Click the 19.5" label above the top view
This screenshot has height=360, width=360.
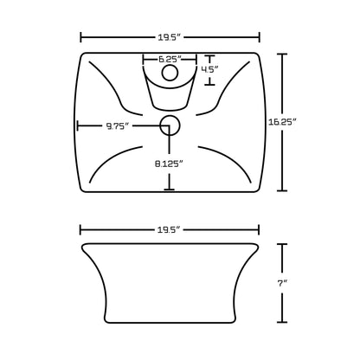(170, 37)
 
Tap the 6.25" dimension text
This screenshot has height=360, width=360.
(170, 60)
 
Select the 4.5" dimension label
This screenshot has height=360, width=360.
(209, 69)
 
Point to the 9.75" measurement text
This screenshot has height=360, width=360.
(119, 125)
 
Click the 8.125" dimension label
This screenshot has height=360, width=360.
(170, 162)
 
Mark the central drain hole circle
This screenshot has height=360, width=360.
(170, 126)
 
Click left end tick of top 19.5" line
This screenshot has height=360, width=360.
(80, 37)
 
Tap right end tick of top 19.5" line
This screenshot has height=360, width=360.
(260, 37)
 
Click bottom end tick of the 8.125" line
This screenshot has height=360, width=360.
(170, 190)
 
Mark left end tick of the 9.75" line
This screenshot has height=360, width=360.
(78, 126)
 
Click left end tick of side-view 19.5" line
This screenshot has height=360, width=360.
(80, 230)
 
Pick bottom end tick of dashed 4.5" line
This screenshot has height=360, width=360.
(209, 85)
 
